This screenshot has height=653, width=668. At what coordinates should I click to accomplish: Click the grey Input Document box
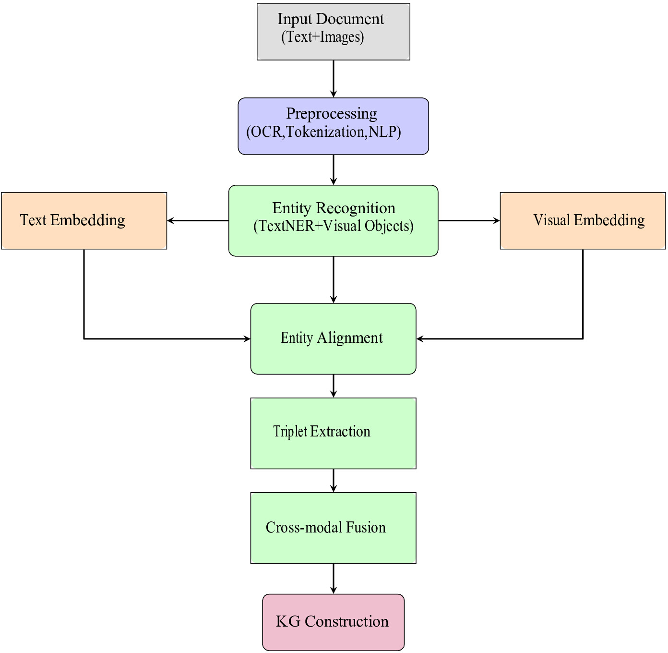pyautogui.click(x=334, y=32)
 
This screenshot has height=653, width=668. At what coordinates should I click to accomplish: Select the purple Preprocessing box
pyautogui.click(x=334, y=126)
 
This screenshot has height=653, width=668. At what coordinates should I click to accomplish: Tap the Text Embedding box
pyautogui.click(x=84, y=220)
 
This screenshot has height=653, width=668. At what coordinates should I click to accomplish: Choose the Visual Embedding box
pyautogui.click(x=583, y=220)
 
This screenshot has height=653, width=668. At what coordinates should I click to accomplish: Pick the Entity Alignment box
pyautogui.click(x=334, y=339)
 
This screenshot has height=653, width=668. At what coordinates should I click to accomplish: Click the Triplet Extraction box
pyautogui.click(x=334, y=433)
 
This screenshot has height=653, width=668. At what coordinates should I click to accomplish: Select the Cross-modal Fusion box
pyautogui.click(x=334, y=528)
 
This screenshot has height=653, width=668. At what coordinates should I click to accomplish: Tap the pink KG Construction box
pyautogui.click(x=334, y=622)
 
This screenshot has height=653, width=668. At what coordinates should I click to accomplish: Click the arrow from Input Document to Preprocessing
pyautogui.click(x=334, y=79)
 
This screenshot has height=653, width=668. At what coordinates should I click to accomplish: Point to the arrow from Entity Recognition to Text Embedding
pyautogui.click(x=198, y=220)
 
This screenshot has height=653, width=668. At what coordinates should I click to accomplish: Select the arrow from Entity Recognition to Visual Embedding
pyautogui.click(x=469, y=220)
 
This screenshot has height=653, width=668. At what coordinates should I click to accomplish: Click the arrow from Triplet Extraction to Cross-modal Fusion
pyautogui.click(x=334, y=481)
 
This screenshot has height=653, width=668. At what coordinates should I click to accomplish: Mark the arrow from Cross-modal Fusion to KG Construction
pyautogui.click(x=334, y=579)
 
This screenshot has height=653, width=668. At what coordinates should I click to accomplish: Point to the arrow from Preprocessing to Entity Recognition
pyautogui.click(x=334, y=170)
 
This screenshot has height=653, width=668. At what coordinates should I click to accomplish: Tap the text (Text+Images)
pyautogui.click(x=322, y=37)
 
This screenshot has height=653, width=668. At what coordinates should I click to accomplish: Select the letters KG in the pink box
pyautogui.click(x=288, y=621)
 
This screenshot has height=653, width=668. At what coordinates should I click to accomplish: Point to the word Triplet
pyautogui.click(x=290, y=432)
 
